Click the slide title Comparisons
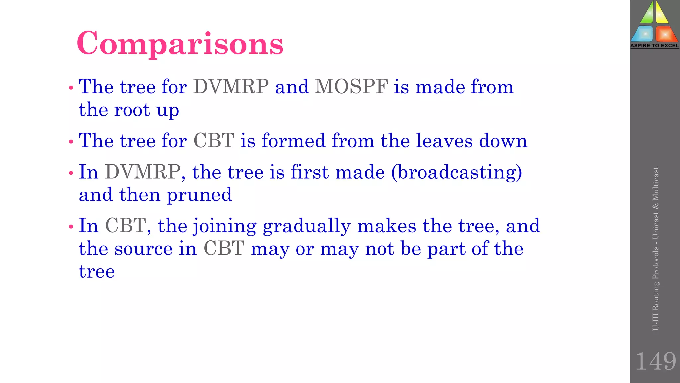pos(180,43)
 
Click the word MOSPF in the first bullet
pos(351,87)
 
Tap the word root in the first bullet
pos(132,110)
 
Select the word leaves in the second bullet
pos(444,141)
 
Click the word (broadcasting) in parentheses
pos(457,173)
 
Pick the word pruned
pos(199,195)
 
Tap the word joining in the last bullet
pos(225,226)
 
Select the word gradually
pos(306,226)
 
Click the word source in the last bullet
pos(143,249)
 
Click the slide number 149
pos(655,361)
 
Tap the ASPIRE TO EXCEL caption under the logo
pos(654,46)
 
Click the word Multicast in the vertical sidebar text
pos(655,184)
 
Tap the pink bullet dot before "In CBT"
pos(71,227)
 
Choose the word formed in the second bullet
pos(293,141)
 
